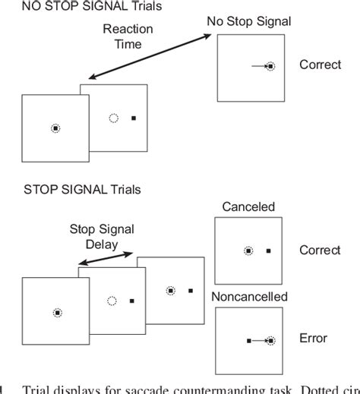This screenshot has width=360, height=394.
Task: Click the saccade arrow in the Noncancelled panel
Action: (x=258, y=341)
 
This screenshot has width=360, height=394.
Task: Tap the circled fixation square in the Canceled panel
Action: (x=248, y=250)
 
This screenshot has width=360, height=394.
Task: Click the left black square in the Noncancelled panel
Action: (x=248, y=341)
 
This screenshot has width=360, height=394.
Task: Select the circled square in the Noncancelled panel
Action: (x=270, y=341)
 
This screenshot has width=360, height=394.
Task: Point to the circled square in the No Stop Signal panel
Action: (x=270, y=67)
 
